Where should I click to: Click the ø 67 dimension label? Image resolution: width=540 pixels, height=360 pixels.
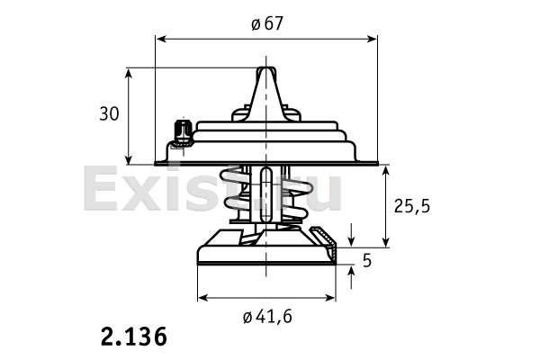[267, 23]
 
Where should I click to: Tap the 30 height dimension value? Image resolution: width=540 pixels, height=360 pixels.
[109, 113]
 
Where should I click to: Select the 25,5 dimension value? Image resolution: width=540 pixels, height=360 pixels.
[412, 206]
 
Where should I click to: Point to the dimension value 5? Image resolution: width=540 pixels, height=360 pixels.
[367, 260]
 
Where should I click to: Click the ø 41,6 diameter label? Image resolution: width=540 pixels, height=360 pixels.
[267, 317]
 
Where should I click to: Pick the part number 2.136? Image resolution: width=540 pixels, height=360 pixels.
[134, 337]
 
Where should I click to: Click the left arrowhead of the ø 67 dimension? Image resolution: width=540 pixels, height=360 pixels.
[161, 39]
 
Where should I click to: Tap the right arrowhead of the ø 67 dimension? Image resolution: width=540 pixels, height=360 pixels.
[373, 39]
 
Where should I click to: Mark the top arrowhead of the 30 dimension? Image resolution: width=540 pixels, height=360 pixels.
[129, 74]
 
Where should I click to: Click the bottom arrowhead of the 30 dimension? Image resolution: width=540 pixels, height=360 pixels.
[129, 159]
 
